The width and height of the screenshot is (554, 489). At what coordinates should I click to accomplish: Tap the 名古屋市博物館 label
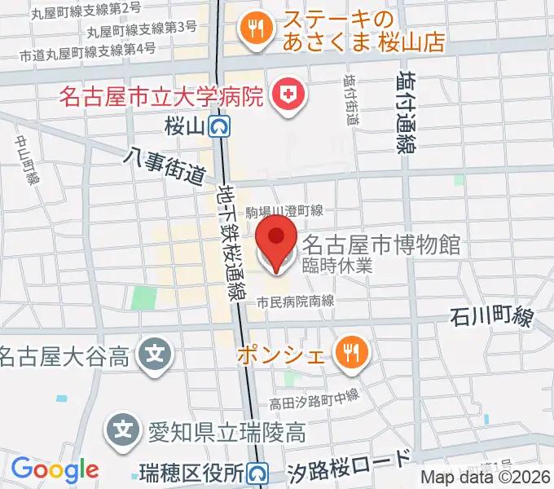point(381,244)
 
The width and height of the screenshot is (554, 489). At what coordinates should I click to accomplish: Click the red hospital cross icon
point(287,96)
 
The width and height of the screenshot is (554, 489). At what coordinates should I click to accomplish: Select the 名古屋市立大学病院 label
point(161,97)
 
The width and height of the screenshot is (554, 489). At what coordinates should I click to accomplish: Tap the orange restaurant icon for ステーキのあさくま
point(254,29)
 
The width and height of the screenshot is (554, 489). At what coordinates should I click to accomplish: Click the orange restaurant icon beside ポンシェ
point(352,354)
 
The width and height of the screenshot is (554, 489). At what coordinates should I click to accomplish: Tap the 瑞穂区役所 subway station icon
point(258,473)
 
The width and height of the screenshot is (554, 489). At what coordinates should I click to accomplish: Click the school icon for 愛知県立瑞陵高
point(121,426)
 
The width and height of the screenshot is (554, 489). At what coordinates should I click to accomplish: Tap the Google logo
point(55,470)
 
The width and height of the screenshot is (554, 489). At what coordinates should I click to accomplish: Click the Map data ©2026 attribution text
point(486,478)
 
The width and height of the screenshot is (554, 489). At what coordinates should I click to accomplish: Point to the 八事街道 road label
point(165,164)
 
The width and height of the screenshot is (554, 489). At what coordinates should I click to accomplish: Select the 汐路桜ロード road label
point(350,467)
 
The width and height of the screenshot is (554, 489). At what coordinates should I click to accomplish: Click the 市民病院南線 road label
point(296,301)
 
